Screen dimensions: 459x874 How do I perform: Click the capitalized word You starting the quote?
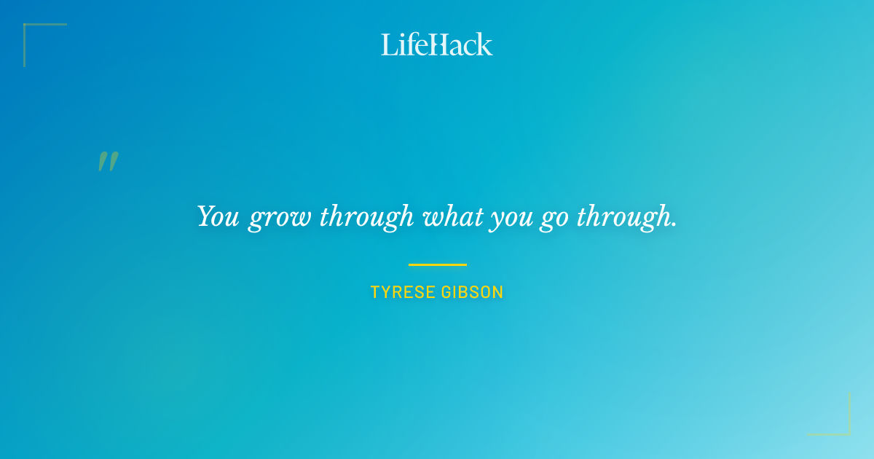218,216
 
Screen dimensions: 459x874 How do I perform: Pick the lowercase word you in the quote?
511,219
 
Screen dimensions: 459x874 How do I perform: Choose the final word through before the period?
623,217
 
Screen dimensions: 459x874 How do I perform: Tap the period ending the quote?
674,225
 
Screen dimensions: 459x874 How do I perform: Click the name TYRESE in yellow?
403,293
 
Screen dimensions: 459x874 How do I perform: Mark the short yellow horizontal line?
437,264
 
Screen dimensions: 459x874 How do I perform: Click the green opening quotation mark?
108,162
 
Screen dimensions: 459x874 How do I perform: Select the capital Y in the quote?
206,216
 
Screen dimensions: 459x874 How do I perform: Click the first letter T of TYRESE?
375,293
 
